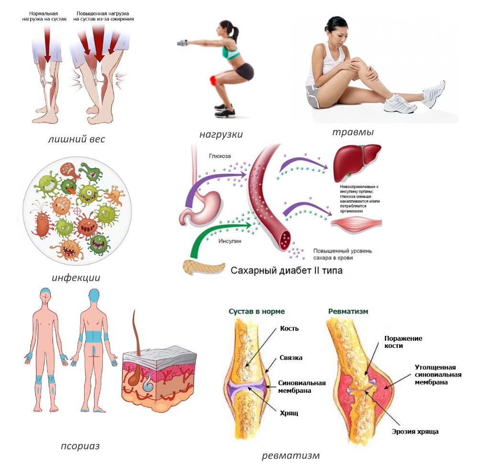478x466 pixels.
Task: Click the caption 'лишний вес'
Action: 76,140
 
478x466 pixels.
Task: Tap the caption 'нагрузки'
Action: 221,134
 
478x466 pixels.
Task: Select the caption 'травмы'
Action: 353,131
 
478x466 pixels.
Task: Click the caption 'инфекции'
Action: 76,277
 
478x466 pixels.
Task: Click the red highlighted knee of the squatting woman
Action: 213,80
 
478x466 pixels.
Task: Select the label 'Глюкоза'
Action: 220,156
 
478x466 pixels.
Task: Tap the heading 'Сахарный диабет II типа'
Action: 286,271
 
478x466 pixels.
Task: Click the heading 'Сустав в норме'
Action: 256,311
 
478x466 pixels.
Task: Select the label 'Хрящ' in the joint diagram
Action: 288,412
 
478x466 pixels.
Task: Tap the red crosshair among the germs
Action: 77,210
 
